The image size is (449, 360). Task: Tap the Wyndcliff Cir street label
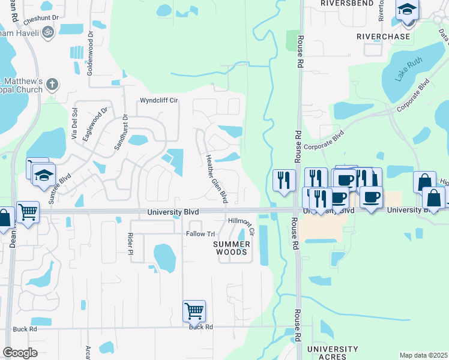[160, 100]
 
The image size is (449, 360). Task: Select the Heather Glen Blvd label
[217, 178]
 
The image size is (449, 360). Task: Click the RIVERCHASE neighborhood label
[384, 37]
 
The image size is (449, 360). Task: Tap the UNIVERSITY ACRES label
[332, 353]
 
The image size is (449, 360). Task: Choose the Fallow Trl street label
[200, 234]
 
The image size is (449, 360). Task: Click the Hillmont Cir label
[242, 221]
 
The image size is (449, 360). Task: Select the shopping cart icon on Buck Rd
[194, 311]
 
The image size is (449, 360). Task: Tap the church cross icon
[52, 85]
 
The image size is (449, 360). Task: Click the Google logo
[20, 353]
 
